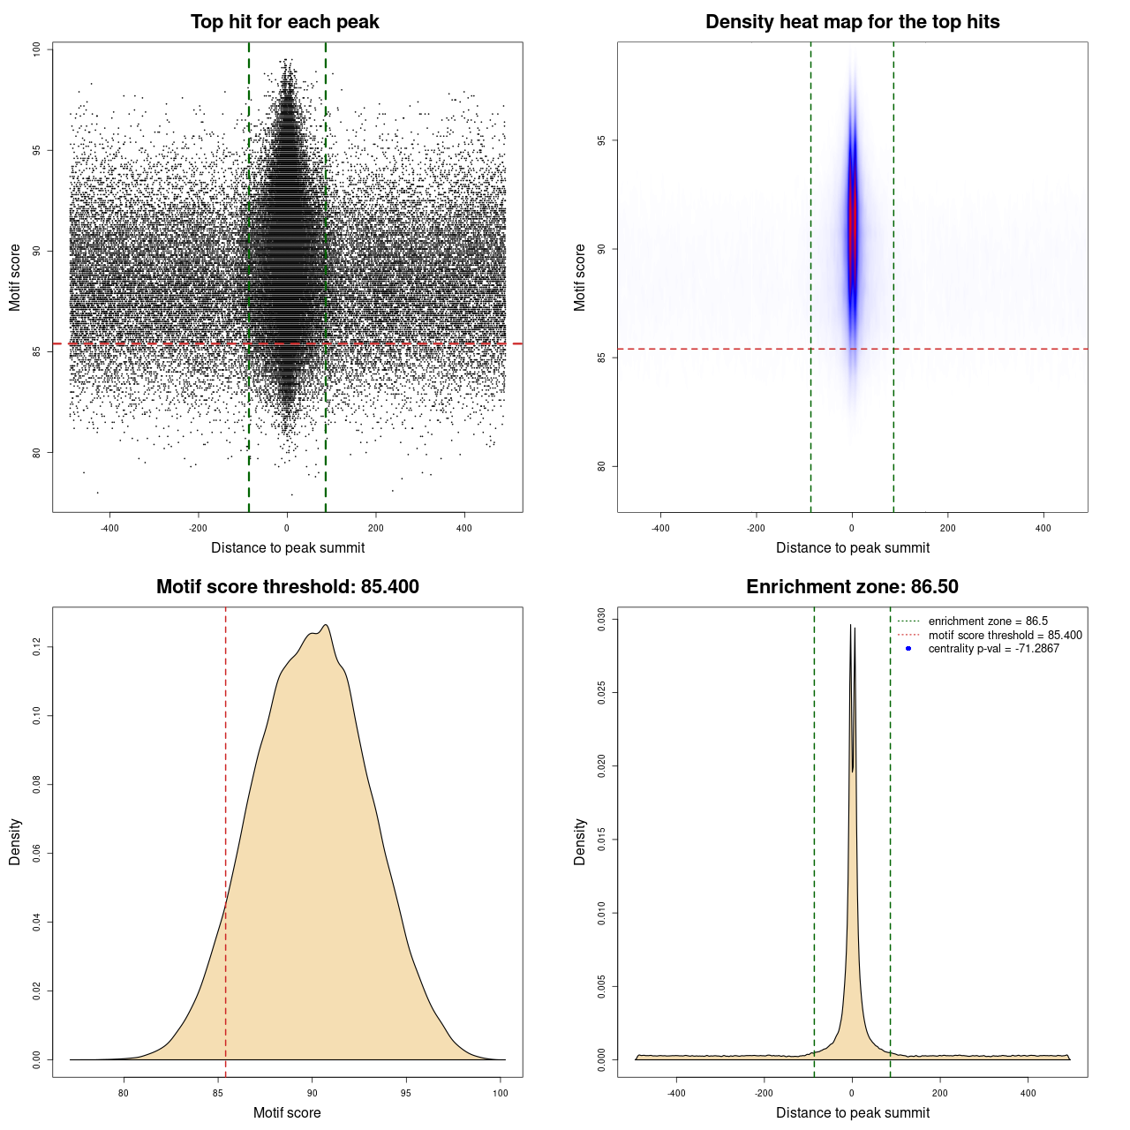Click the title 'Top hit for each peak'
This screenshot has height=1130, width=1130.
click(x=284, y=22)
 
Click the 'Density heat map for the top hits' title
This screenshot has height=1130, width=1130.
click(x=852, y=22)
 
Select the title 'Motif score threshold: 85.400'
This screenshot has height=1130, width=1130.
click(x=287, y=587)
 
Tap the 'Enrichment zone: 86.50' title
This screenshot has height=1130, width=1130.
click(x=852, y=587)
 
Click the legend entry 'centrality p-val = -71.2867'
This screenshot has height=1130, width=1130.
click(x=993, y=649)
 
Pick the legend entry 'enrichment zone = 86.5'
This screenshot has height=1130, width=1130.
click(x=988, y=621)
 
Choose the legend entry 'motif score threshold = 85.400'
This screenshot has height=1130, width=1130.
click(x=1005, y=636)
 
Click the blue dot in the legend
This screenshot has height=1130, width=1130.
click(x=908, y=649)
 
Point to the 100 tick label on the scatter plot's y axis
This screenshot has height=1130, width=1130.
click(x=37, y=49)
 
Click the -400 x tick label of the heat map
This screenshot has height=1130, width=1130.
click(x=660, y=529)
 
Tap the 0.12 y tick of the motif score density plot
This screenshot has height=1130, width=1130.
click(x=37, y=647)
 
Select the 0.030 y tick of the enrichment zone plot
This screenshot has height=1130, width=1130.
click(x=602, y=619)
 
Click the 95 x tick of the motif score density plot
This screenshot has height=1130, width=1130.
click(x=406, y=1094)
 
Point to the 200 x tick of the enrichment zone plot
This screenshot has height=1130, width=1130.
click(x=940, y=1094)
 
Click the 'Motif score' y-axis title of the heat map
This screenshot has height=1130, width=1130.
click(x=580, y=277)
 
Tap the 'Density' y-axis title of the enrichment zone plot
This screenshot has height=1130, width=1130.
click(x=580, y=841)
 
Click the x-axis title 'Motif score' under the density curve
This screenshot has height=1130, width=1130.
click(x=287, y=1112)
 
